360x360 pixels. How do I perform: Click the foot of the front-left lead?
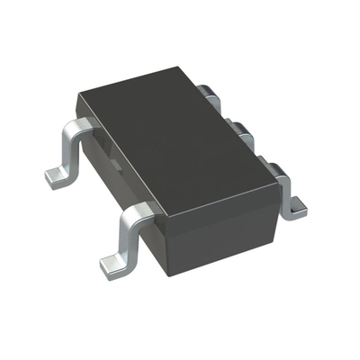click(111, 263)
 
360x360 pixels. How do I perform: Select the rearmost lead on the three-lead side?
click(209, 90)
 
